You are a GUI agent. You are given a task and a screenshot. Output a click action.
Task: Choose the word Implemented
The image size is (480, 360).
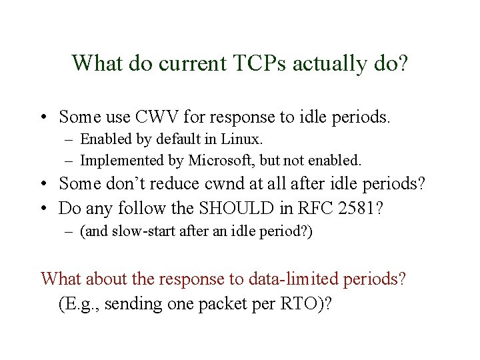pos(119,160)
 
